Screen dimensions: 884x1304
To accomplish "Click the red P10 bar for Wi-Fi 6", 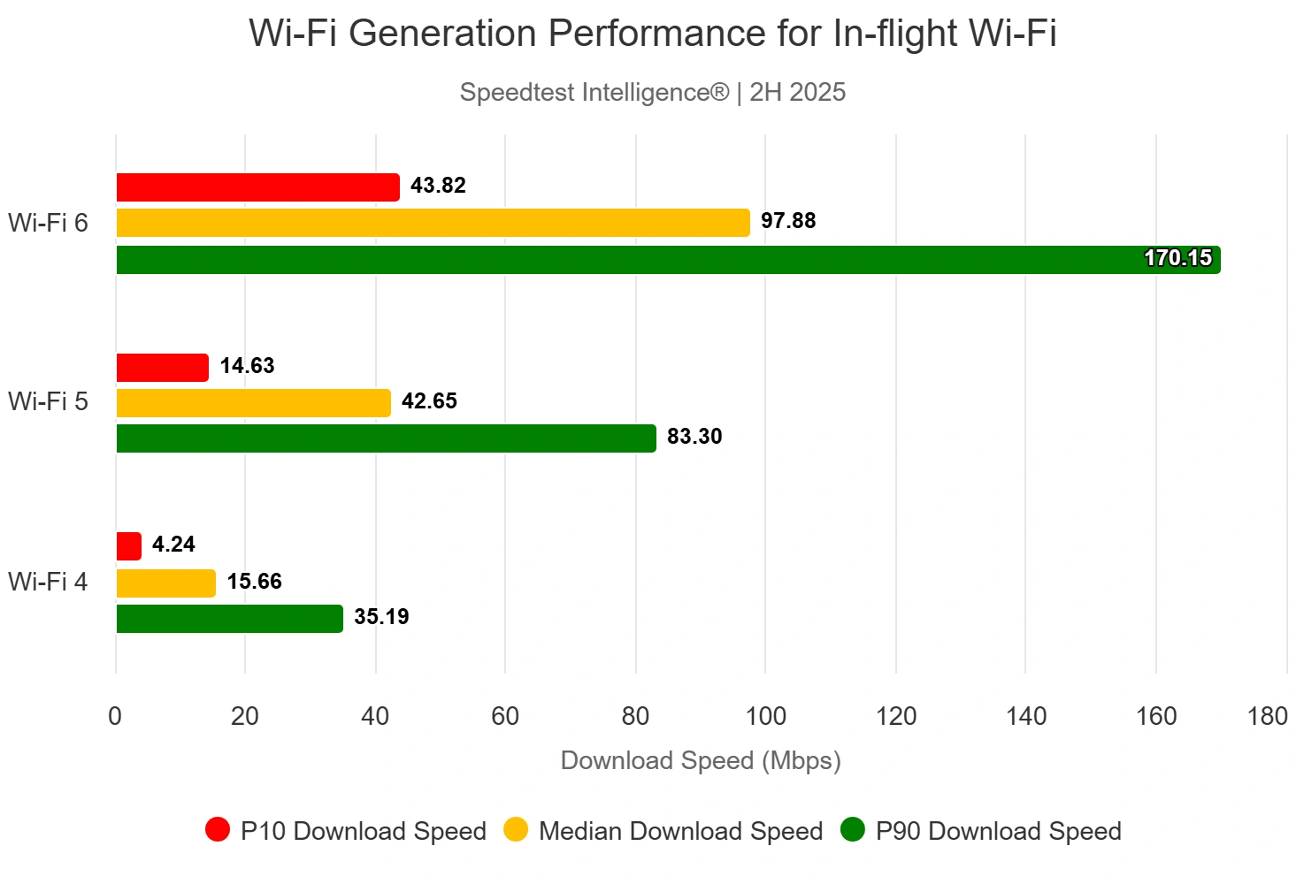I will [x=257, y=187].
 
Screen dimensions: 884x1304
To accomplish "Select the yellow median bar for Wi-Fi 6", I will [x=433, y=223].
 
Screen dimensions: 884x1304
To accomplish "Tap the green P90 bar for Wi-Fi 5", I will [x=386, y=438].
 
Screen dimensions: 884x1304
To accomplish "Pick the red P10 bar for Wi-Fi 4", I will [x=129, y=546].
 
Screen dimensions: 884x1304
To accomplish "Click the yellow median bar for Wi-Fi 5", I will [x=253, y=403].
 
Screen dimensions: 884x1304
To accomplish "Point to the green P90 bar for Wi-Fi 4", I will [x=229, y=619].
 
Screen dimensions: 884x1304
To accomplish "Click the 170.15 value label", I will [x=1177, y=258].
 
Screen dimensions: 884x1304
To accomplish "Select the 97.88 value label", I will [x=788, y=221].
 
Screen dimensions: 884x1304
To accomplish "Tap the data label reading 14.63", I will [x=247, y=366].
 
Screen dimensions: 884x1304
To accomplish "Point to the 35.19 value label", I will [x=381, y=617].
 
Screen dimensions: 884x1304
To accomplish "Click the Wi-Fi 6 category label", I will [x=49, y=223].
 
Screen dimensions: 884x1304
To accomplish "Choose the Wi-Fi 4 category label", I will [x=49, y=582].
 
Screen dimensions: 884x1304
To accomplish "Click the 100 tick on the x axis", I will [x=766, y=716].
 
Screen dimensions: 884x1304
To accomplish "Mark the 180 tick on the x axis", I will [x=1267, y=716].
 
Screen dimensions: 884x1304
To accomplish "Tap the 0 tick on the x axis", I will [x=115, y=716].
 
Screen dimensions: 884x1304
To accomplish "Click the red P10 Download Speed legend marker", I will [x=218, y=830].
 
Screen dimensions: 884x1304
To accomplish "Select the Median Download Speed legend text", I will [x=680, y=831].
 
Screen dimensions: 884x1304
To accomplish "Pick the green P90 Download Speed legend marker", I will [x=852, y=830].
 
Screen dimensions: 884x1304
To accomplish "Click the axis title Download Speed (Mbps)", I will [x=701, y=760].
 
